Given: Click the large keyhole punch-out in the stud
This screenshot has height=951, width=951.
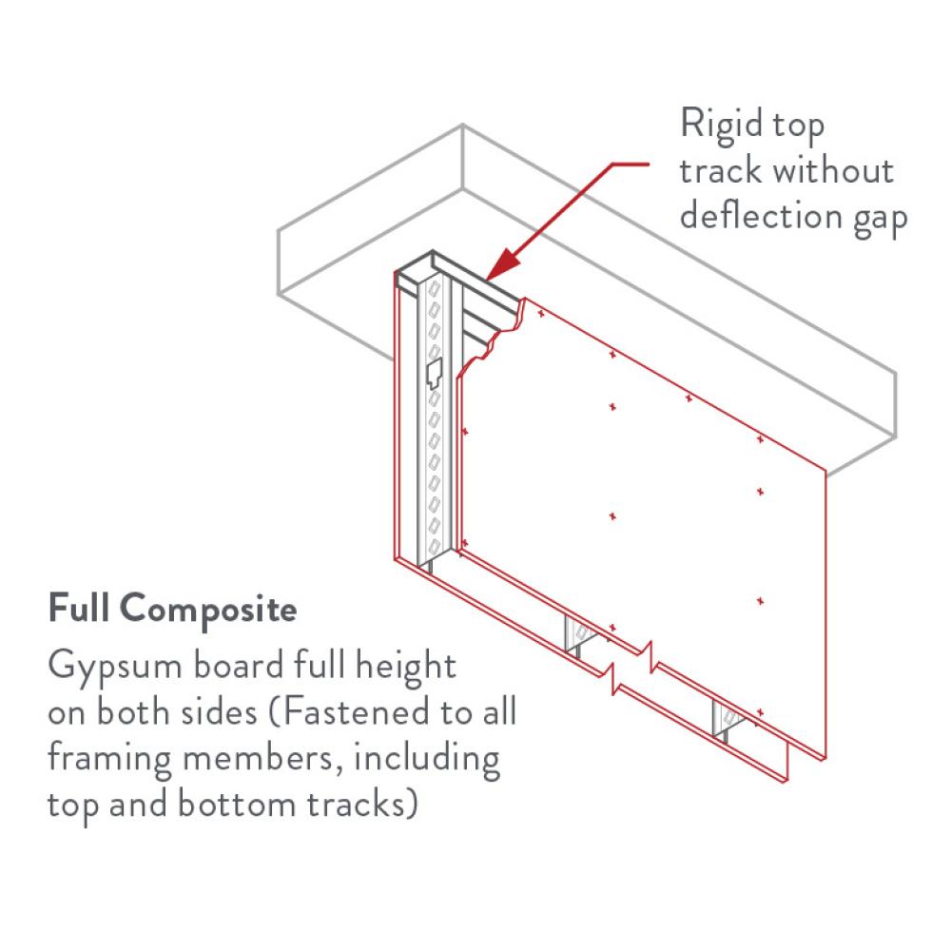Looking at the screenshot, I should click(x=434, y=369).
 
